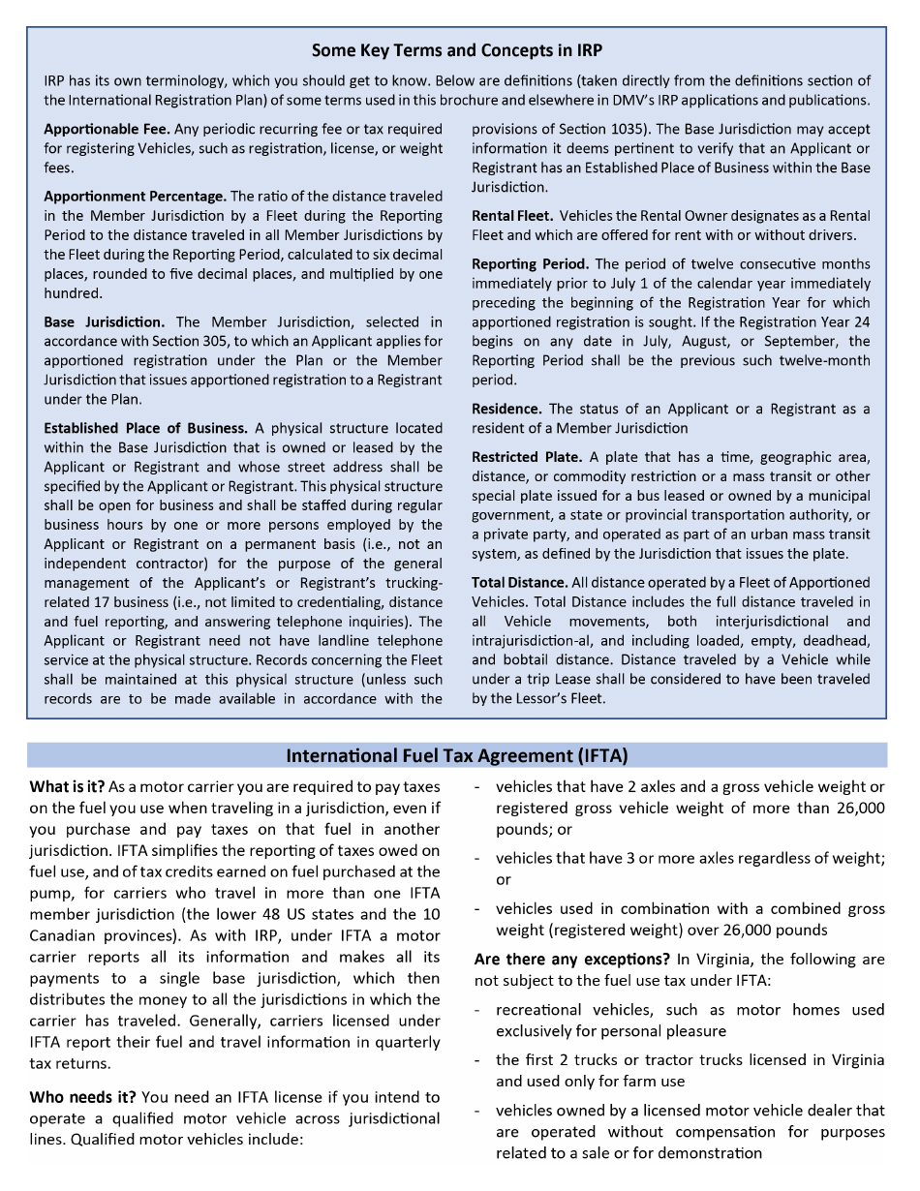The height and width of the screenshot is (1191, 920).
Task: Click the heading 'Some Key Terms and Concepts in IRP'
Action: click(x=457, y=50)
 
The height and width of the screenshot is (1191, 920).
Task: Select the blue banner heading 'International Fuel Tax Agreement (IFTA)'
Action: click(x=457, y=755)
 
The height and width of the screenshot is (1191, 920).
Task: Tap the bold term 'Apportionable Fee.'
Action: click(x=107, y=129)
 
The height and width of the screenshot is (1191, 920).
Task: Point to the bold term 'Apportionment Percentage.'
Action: click(x=135, y=197)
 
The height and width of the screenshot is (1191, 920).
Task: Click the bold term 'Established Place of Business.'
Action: click(x=146, y=428)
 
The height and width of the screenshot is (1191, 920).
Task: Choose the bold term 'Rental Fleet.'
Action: click(x=512, y=216)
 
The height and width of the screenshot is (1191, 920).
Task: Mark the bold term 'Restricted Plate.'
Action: click(x=527, y=457)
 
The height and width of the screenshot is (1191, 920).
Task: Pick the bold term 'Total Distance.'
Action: click(x=520, y=583)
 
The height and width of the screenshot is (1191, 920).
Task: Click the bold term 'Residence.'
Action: click(x=506, y=409)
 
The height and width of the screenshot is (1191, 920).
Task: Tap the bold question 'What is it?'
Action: click(x=67, y=787)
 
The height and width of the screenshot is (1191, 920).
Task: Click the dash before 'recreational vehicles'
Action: click(x=478, y=1010)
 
